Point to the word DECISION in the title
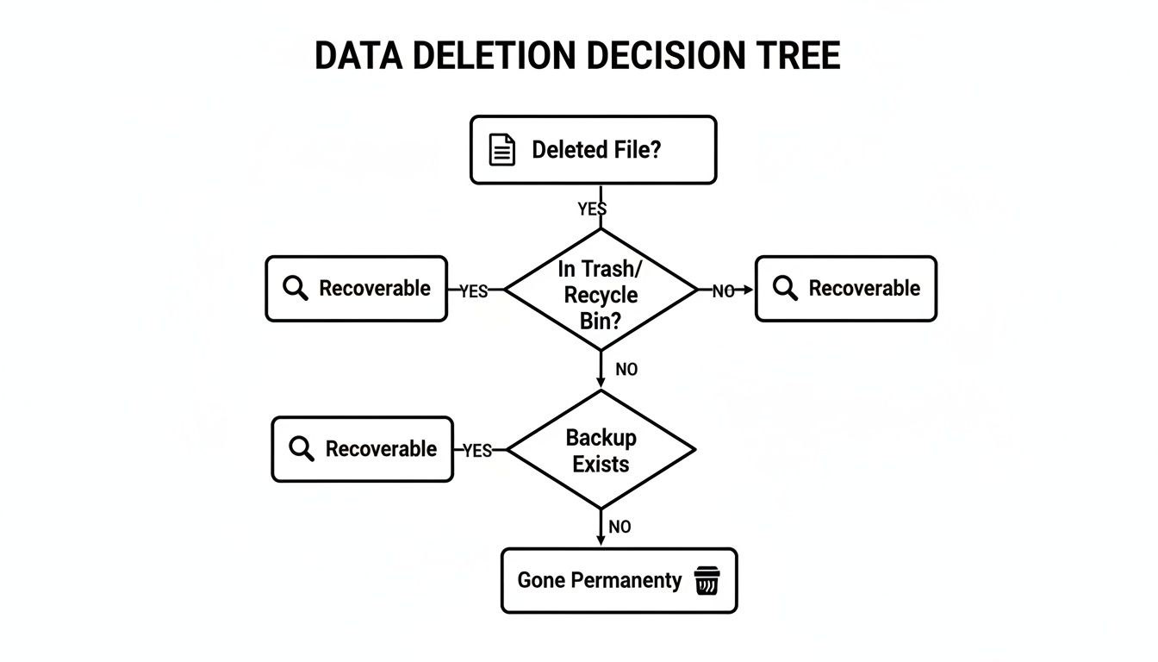tap(662, 56)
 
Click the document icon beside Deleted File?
tap(502, 150)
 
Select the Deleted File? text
tap(596, 150)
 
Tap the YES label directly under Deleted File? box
tap(592, 209)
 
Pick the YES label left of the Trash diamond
tap(473, 291)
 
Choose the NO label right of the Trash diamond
tap(723, 291)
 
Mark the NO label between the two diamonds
tap(626, 369)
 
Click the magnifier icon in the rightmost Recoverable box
tap(785, 289)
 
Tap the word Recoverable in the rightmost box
tap(864, 289)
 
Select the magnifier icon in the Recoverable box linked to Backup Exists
tap(302, 449)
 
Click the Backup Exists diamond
tap(601, 450)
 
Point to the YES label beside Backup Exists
tap(477, 451)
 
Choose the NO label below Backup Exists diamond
tap(619, 527)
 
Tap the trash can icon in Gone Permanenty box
tap(706, 580)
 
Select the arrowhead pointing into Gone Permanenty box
tap(601, 540)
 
